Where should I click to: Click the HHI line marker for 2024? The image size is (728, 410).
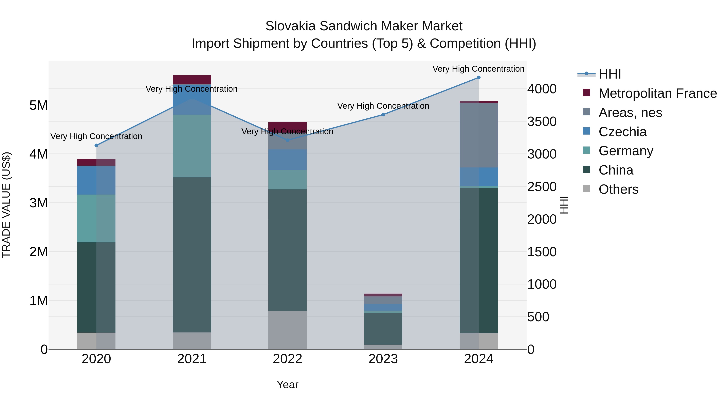tap(478, 77)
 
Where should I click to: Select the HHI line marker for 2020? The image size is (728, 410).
tap(96, 145)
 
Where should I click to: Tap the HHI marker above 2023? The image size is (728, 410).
tap(383, 115)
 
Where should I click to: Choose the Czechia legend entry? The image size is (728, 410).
tap(622, 132)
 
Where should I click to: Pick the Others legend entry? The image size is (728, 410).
tap(618, 189)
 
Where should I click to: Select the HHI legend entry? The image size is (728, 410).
tap(609, 74)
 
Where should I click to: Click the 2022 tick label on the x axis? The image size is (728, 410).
tap(287, 359)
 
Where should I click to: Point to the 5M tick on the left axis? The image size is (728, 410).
tap(38, 105)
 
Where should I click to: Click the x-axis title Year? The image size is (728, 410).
tap(287, 384)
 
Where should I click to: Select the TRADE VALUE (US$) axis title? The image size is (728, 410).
tap(6, 205)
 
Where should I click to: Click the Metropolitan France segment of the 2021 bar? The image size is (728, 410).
tap(192, 80)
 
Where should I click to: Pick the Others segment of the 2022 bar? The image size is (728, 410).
tap(287, 330)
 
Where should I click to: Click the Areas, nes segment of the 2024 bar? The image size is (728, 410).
tap(478, 135)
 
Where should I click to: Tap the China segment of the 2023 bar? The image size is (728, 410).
tap(383, 329)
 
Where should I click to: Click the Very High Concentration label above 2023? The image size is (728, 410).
tap(383, 106)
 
